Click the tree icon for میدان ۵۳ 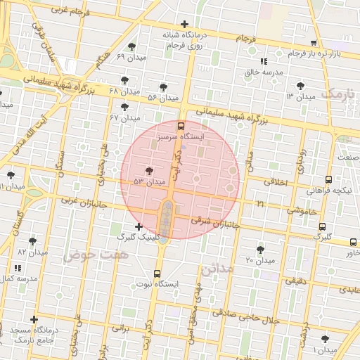tap(148, 171)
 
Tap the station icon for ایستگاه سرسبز tap(181, 127)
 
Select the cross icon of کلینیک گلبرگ tap(139, 226)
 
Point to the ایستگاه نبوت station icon tap(156, 274)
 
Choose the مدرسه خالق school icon tap(263, 61)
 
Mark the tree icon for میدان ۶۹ tap(131, 46)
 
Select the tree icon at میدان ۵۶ tap(163, 87)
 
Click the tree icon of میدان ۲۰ tap(261, 250)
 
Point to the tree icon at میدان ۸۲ tap(32, 241)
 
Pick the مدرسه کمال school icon tap(18, 268)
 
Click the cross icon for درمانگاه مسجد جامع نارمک tap(33, 320)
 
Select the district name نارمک tap(340, 94)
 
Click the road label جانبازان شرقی tap(217, 223)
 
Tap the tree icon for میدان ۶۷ tap(125, 107)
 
